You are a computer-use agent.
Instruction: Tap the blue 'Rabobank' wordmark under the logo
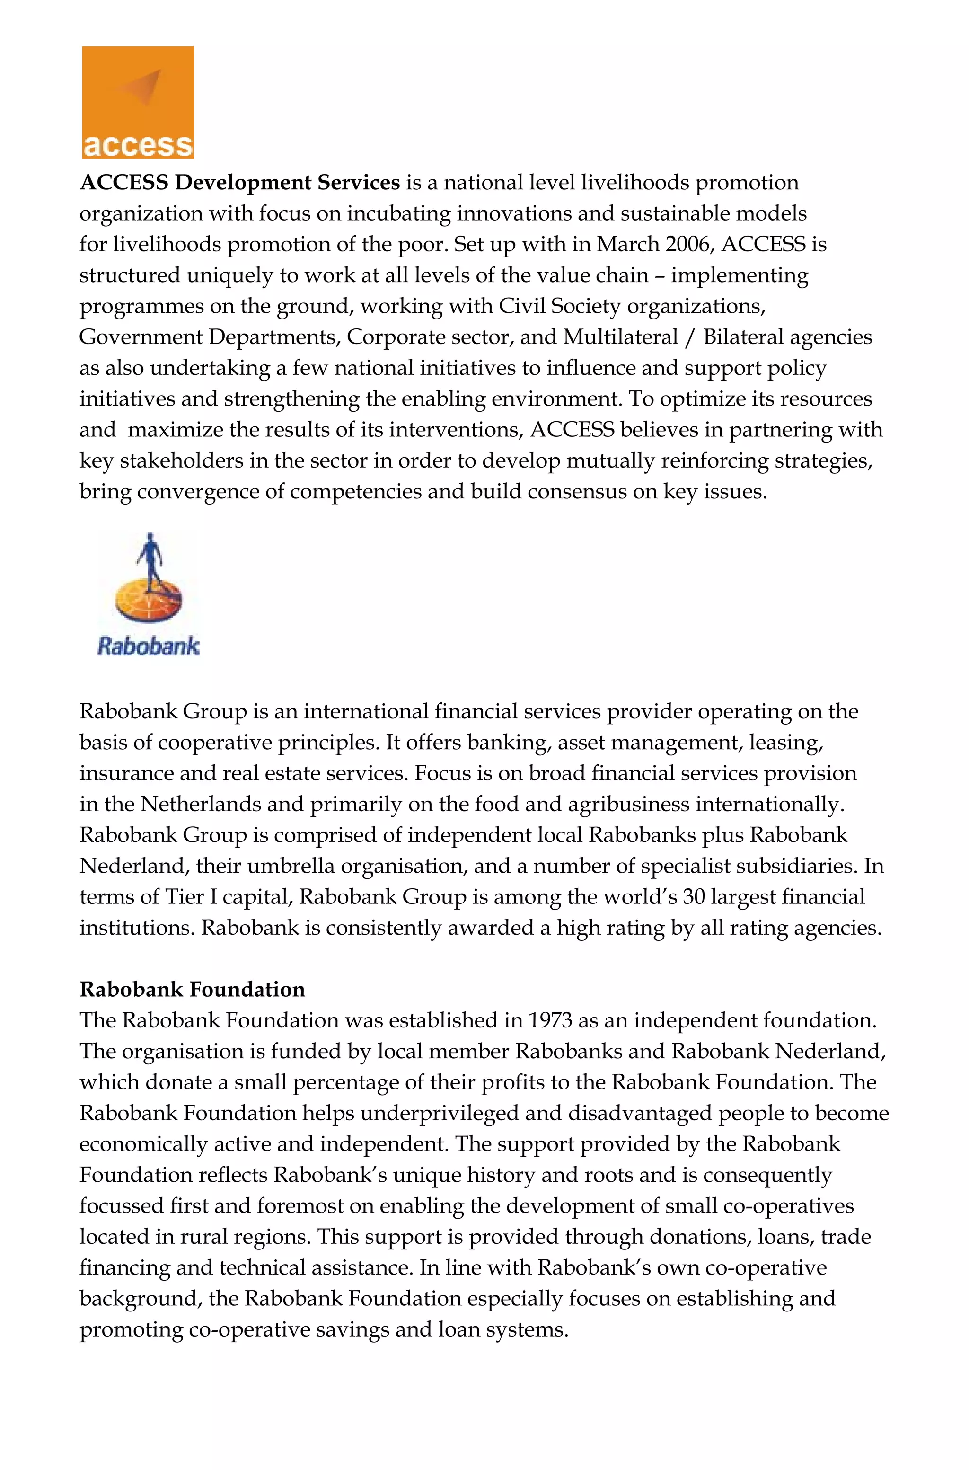coord(148,646)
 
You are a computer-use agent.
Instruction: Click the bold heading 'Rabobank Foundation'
coord(192,989)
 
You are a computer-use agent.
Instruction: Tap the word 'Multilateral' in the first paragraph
coord(620,337)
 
